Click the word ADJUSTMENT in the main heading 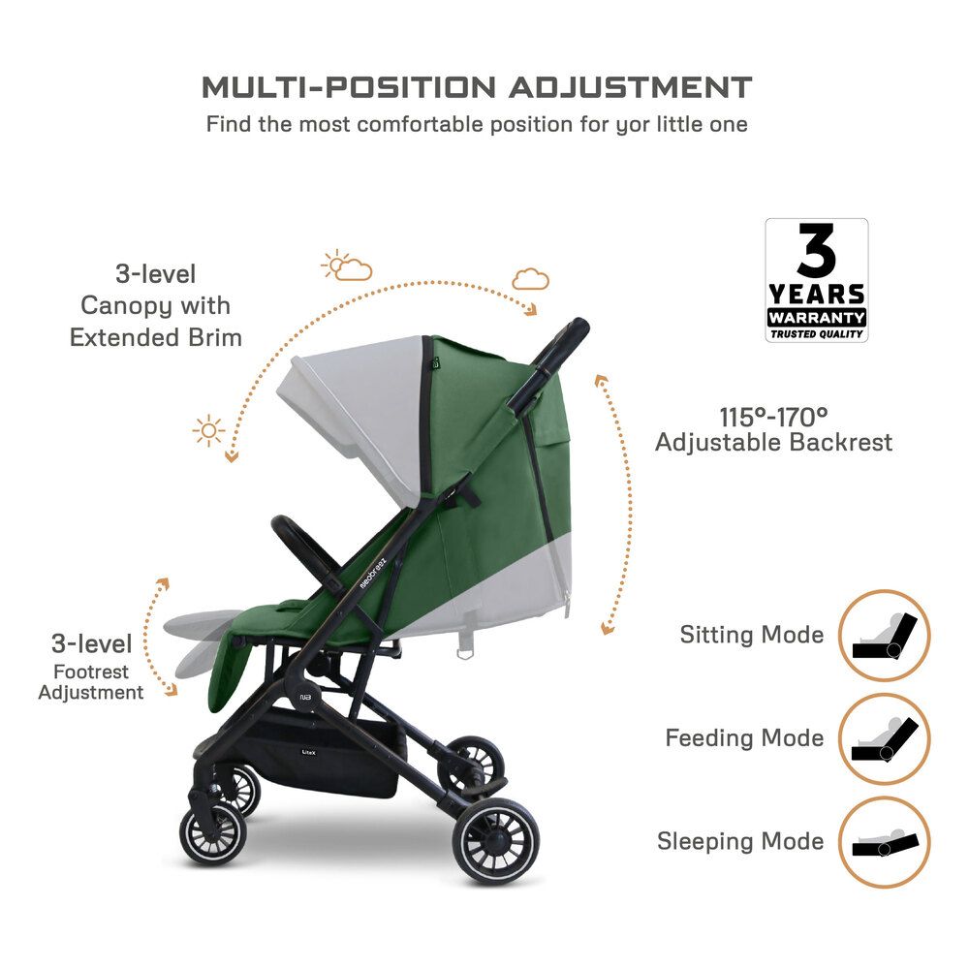click(x=631, y=87)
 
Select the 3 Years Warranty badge click(x=817, y=280)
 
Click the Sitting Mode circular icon click(x=883, y=636)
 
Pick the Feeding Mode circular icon click(x=883, y=738)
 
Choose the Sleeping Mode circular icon click(x=883, y=841)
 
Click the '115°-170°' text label click(x=773, y=418)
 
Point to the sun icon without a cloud click(x=208, y=430)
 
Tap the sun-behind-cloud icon click(x=346, y=266)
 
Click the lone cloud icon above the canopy click(x=530, y=279)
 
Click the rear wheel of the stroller click(x=497, y=841)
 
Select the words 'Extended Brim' click(x=155, y=338)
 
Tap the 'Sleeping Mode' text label click(x=740, y=841)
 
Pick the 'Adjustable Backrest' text click(x=773, y=443)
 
